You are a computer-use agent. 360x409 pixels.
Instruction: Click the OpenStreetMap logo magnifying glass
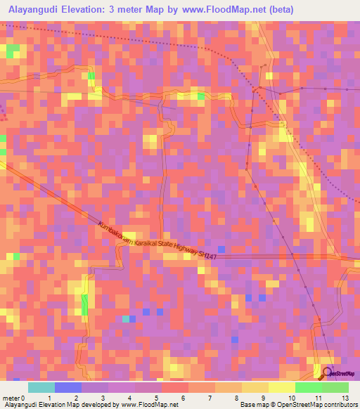tap(326, 372)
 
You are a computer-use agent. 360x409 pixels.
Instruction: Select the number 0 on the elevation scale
tap(25, 398)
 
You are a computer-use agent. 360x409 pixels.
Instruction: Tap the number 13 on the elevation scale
tap(345, 398)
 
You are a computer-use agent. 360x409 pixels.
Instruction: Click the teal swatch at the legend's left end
tap(41, 387)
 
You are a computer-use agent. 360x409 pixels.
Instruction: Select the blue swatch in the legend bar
tap(68, 387)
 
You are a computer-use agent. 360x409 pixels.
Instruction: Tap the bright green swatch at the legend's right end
tap(335, 387)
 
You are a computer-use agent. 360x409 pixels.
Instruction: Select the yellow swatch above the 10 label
tap(282, 387)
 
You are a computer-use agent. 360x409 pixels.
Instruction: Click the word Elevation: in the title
tap(96, 10)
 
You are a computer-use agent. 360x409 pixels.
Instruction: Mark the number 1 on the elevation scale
tap(49, 398)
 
